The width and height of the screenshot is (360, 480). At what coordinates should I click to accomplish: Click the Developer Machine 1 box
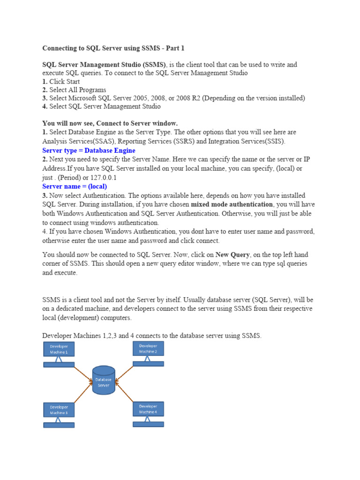coord(59,349)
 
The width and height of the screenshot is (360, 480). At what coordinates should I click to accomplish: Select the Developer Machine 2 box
coord(148,348)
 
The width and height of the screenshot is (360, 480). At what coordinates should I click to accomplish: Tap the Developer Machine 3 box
coord(59,410)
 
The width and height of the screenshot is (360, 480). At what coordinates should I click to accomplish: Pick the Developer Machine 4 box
coord(148,409)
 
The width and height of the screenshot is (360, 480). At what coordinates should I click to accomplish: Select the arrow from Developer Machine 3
coord(82,394)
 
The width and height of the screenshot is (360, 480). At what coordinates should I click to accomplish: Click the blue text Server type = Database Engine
coord(89,150)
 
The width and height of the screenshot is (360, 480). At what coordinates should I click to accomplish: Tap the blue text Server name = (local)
coord(75,186)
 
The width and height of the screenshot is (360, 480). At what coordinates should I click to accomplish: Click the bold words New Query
coord(232,255)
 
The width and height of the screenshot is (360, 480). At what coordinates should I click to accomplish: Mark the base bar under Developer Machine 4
coord(148,424)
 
